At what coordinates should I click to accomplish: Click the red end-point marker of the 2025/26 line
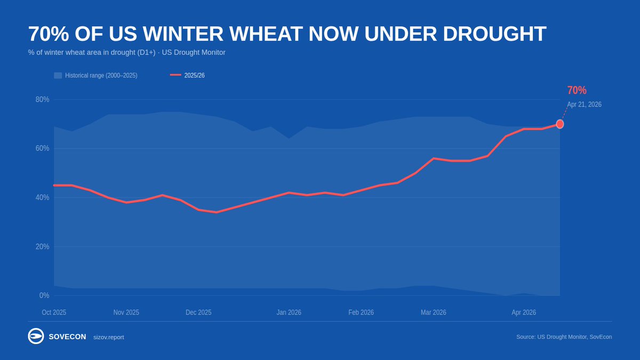coord(560,124)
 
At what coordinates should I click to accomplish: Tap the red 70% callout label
coord(577,90)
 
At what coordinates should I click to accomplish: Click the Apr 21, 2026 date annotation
coord(584,105)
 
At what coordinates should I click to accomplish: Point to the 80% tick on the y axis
coord(43,99)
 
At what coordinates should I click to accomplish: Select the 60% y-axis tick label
coord(43,148)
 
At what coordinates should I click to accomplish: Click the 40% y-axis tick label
coord(43,197)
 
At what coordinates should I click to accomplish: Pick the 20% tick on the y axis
coord(43,246)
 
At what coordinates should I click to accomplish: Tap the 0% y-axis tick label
coord(44,295)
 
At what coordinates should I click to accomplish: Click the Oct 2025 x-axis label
coord(54,313)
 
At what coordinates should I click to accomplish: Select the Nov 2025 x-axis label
coord(126,313)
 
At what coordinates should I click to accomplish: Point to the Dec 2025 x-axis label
coord(198,313)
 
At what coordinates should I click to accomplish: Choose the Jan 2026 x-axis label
coord(289,313)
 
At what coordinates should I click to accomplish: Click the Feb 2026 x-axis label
coord(361,313)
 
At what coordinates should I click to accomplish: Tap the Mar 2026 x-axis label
coord(433,313)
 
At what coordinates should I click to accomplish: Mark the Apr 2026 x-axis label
coord(524,313)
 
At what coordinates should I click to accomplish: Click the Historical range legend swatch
coord(58,76)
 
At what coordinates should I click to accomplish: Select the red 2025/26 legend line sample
coord(175,76)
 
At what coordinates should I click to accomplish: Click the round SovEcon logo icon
coord(36,337)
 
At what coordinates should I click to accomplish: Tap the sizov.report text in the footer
coord(108,337)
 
